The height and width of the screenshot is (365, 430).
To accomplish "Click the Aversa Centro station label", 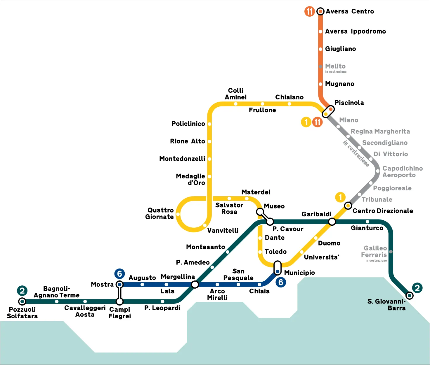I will coord(350,11).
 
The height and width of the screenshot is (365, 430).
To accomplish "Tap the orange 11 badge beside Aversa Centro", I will coord(309,11).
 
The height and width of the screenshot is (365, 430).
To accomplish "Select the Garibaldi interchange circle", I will coord(332,222).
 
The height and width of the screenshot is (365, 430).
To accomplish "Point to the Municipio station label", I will coord(299,273).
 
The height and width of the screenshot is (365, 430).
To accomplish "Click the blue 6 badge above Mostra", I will coord(119,274).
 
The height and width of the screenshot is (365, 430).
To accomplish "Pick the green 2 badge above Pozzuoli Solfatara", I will coord(22,290).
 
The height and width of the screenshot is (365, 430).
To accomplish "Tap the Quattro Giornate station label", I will coord(160,213).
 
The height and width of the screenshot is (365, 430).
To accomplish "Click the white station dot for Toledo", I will coord(260,252).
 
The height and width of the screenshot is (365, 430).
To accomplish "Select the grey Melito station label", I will coord(335,66).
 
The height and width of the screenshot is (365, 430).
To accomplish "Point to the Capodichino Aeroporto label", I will coord(403,172).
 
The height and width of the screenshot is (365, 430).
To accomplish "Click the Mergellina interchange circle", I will coord(195,285).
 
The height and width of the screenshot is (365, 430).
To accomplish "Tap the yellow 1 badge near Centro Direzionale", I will coord(340,197).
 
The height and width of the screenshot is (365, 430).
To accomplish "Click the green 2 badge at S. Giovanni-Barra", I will coord(417,288).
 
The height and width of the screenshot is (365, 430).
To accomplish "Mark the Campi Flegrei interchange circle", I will coord(119,301).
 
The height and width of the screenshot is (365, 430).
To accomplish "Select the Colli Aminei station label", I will coord(236,94).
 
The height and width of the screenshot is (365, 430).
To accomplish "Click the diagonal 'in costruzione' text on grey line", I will coord(356,153).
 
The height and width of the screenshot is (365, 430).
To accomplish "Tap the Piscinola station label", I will coord(349,103).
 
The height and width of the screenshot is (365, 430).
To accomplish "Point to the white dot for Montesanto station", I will coord(228,252).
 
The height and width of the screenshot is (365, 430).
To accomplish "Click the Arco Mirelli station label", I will coord(217,294).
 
